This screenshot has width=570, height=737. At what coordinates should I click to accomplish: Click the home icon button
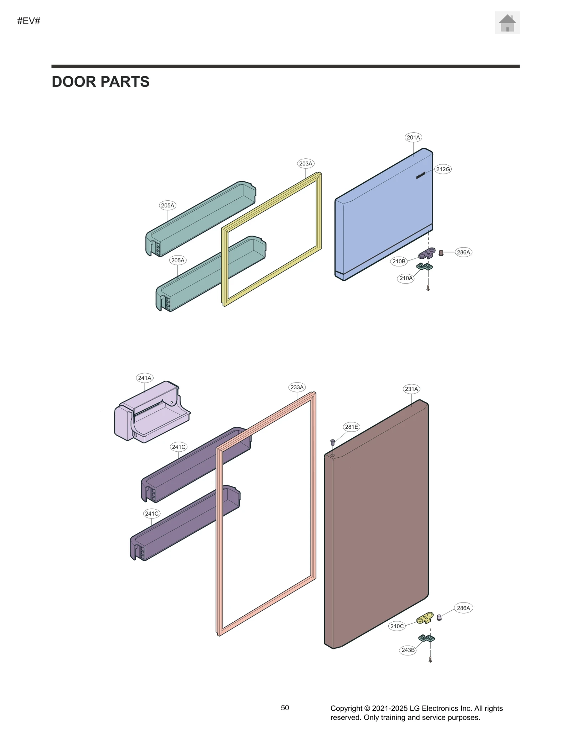pyautogui.click(x=507, y=23)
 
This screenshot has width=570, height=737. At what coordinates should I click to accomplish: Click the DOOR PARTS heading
pyautogui.click(x=100, y=82)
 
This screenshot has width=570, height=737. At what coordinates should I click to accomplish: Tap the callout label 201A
pyautogui.click(x=413, y=137)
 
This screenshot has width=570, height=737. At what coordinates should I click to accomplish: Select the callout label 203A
pyautogui.click(x=305, y=164)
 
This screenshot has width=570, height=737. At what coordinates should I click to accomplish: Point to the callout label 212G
pyautogui.click(x=443, y=169)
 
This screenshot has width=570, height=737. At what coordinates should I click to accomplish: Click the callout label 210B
pyautogui.click(x=399, y=262)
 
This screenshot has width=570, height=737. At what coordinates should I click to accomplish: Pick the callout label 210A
pyautogui.click(x=406, y=278)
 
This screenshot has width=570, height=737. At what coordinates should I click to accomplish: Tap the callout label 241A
pyautogui.click(x=145, y=378)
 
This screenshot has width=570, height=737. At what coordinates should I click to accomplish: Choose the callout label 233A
pyautogui.click(x=297, y=388)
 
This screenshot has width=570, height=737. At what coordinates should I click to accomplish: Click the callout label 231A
pyautogui.click(x=411, y=389)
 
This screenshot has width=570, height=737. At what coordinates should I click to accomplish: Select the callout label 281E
pyautogui.click(x=351, y=427)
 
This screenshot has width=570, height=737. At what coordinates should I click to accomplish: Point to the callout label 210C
pyautogui.click(x=397, y=626)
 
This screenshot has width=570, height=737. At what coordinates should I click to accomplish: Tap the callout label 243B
pyautogui.click(x=408, y=650)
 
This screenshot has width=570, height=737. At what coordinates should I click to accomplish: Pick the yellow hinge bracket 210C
pyautogui.click(x=425, y=618)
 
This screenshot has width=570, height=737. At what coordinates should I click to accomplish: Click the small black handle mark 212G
pyautogui.click(x=421, y=175)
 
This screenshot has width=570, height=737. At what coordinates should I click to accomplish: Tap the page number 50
pyautogui.click(x=285, y=708)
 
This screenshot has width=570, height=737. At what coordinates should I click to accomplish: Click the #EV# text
pyautogui.click(x=29, y=21)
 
